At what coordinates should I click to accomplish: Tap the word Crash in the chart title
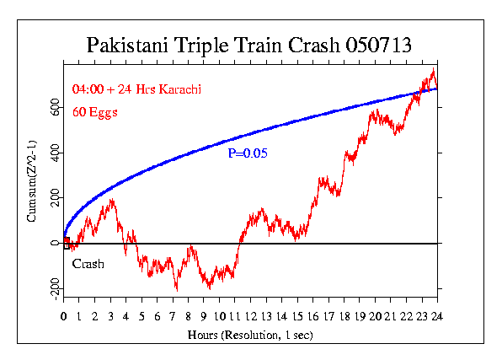coord(311,45)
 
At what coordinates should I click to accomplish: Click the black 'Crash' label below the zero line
coord(88,264)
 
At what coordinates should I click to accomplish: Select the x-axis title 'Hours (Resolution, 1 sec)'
coord(250,336)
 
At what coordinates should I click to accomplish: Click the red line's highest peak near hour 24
coord(433,70)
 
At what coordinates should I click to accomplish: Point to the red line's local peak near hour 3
coord(111,201)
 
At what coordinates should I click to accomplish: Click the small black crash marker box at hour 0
coord(67,246)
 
